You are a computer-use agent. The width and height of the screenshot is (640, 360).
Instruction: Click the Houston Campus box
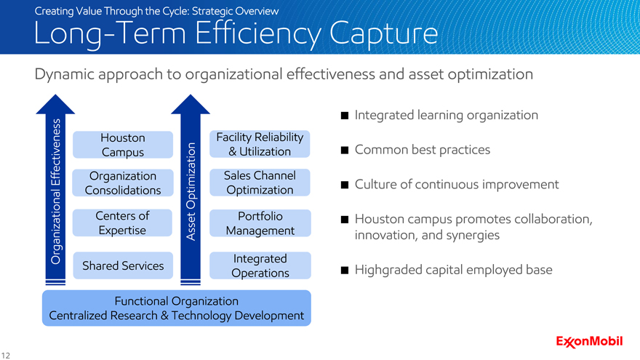[x=123, y=145]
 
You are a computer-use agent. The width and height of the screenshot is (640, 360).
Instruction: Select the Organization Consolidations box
[x=123, y=183]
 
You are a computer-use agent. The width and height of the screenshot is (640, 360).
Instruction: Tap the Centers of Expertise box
[x=122, y=223]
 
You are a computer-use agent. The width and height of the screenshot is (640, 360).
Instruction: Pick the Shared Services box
[x=123, y=265]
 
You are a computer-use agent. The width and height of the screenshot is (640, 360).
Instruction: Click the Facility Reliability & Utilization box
[x=260, y=144]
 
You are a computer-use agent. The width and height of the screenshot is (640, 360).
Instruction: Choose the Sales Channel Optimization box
[x=260, y=183]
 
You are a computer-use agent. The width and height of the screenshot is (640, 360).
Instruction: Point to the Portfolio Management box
[x=260, y=223]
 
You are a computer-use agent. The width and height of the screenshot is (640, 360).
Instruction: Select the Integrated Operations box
[x=260, y=265]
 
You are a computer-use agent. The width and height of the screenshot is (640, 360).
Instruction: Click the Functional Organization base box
[x=176, y=308]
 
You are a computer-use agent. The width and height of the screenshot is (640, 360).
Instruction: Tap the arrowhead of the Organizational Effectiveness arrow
[x=55, y=105]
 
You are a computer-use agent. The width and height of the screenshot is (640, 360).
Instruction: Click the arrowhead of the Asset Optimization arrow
[x=191, y=105]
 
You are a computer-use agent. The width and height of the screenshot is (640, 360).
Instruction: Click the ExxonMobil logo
[x=589, y=342]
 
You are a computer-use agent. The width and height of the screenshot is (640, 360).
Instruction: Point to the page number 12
[x=5, y=356]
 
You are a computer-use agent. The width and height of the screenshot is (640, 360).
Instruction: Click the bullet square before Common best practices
[x=345, y=151]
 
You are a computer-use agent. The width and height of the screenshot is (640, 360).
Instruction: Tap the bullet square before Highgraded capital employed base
[x=345, y=271]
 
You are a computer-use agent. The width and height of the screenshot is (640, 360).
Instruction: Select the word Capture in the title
[x=383, y=34]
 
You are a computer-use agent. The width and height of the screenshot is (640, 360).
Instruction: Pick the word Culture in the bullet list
[x=375, y=184]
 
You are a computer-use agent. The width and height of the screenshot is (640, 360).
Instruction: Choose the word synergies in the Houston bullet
[x=475, y=236]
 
